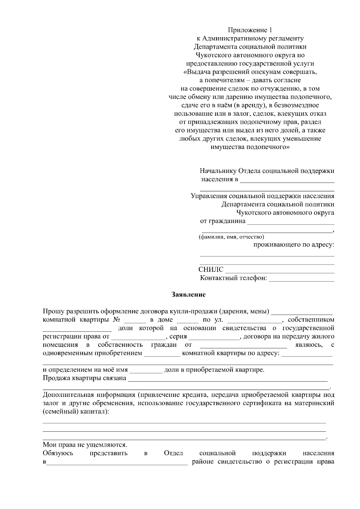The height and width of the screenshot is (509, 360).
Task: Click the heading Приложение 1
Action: pyautogui.click(x=250, y=30)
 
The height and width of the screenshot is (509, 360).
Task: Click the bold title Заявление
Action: pyautogui.click(x=188, y=295)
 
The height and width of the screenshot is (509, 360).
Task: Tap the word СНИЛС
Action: pyautogui.click(x=211, y=269)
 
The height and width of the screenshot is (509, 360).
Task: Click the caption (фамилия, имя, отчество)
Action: pyautogui.click(x=231, y=237)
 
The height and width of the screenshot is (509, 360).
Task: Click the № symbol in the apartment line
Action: pyautogui.click(x=117, y=320)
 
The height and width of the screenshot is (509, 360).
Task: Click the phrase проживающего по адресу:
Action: pyautogui.click(x=294, y=245)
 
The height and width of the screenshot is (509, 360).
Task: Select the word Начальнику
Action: pyautogui.click(x=218, y=171)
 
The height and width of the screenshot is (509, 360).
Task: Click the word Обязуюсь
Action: pyautogui.click(x=58, y=453)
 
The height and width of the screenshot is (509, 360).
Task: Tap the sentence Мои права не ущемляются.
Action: pyautogui.click(x=85, y=445)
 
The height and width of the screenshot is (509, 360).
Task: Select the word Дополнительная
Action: pyautogui.click(x=66, y=395)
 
